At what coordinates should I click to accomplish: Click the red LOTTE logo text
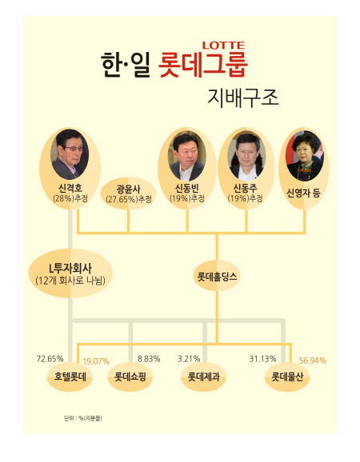point(223,45)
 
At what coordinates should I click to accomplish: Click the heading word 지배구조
point(243,98)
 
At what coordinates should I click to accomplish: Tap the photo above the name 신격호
point(70,154)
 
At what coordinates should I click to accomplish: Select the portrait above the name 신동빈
point(187,156)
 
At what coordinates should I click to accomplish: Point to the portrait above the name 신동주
point(246,156)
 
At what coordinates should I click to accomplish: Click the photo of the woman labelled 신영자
point(304,156)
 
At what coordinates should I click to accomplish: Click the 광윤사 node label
point(129,189)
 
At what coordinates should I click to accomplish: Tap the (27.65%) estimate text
point(129,199)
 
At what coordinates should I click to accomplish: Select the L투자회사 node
point(70,274)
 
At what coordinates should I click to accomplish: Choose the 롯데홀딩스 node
point(217,276)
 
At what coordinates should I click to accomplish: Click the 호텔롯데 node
point(70,376)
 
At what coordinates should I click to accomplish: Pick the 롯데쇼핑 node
point(130,376)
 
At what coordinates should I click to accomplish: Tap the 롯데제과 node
point(204,376)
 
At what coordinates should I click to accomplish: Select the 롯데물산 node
point(287,376)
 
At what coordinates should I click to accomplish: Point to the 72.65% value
point(50,359)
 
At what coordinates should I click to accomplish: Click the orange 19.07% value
point(96,361)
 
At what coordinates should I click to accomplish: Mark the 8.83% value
point(149,359)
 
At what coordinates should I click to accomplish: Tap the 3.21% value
point(189,359)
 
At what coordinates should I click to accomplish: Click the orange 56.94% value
point(313,360)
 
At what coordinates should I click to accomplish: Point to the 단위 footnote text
point(83,418)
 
